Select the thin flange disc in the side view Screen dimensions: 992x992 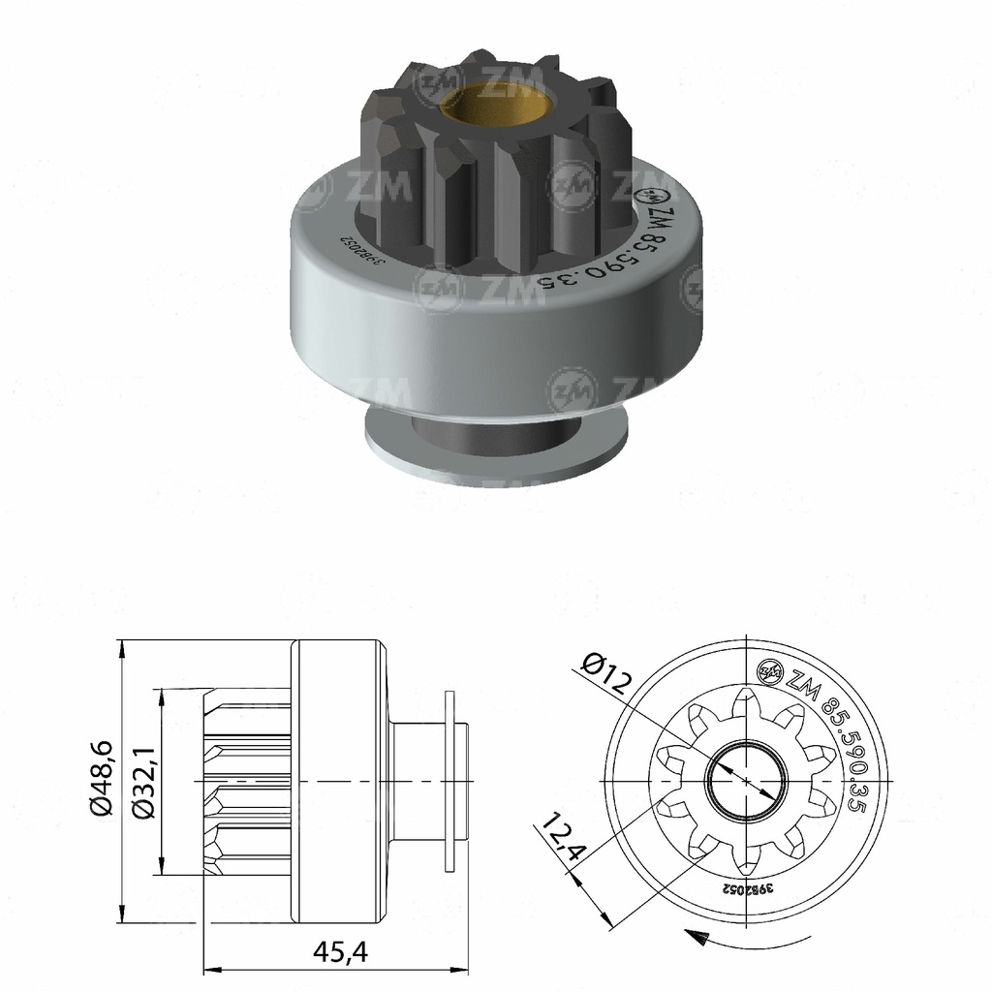tap(448, 780)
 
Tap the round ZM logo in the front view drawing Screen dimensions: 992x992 tap(771, 669)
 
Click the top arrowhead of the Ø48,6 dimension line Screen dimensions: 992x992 tap(120, 647)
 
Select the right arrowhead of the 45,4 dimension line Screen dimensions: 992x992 tap(463, 967)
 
